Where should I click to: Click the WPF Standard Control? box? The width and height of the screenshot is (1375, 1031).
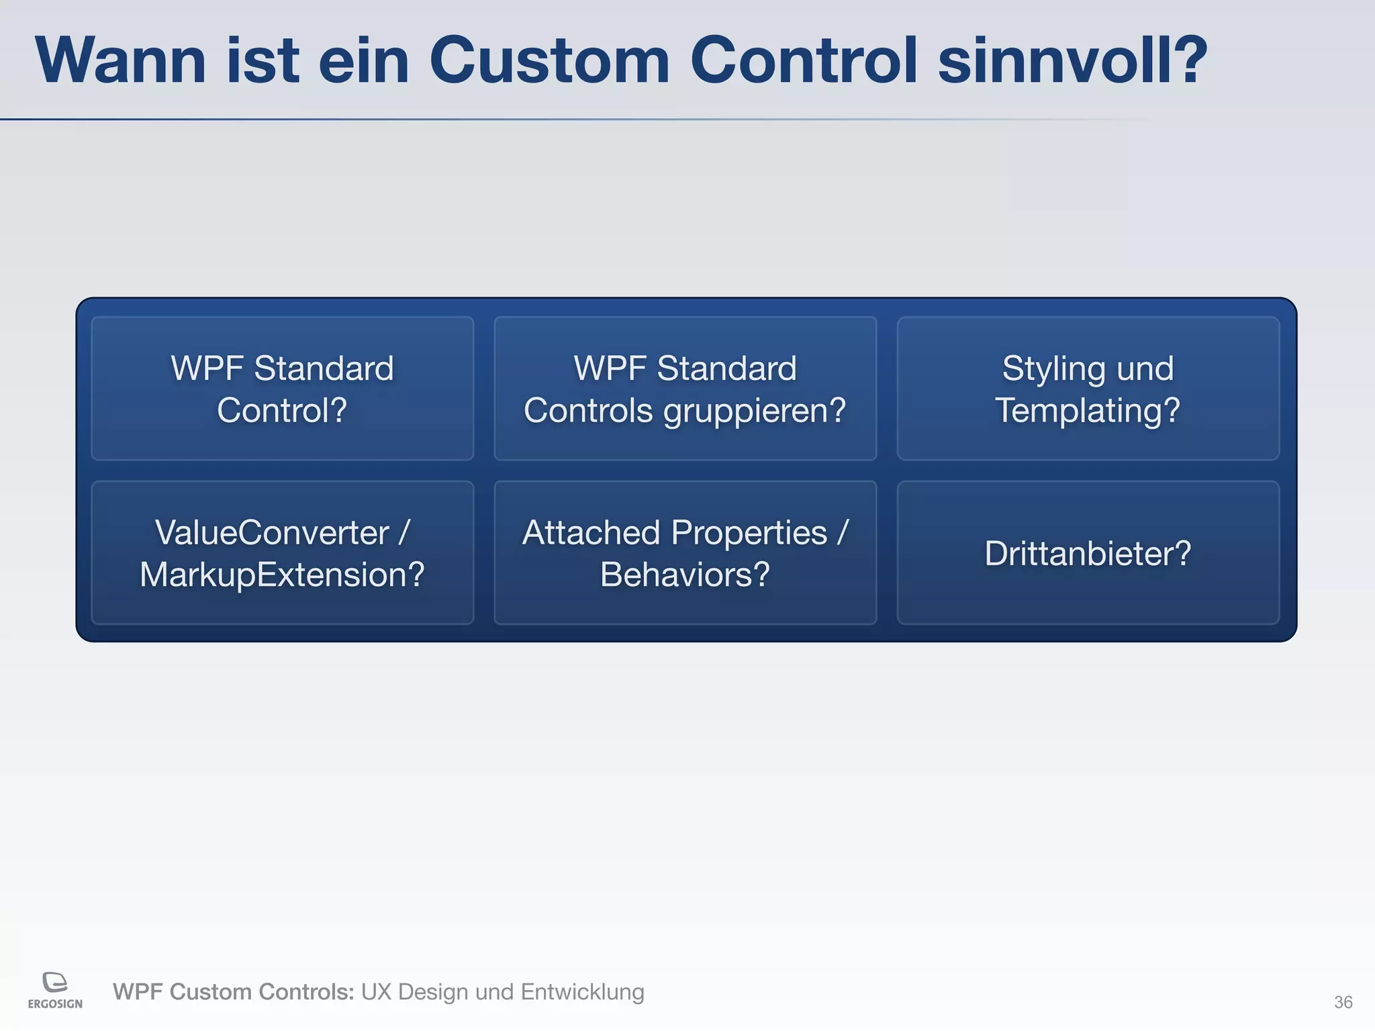pos(282,389)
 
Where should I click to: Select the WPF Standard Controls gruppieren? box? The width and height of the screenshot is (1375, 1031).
pos(685,389)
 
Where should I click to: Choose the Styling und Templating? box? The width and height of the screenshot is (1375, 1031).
pos(1088,389)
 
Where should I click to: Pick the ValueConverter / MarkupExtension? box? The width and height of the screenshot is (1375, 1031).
pos(282,553)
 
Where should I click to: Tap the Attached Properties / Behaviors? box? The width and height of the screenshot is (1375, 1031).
pos(685,553)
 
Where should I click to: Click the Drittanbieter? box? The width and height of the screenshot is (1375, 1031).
pos(1088,553)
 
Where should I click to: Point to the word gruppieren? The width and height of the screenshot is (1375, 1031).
pos(755,411)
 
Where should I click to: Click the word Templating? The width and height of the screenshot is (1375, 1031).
pos(1088,411)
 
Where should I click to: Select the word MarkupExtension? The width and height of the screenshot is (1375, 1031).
pos(282,575)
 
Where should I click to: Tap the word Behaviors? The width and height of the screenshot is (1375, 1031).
pos(685,575)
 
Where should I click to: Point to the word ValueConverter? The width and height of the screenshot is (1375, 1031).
pos(272,533)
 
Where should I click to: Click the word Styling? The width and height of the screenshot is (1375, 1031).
pos(1054,369)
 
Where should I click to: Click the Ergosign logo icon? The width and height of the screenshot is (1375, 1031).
pos(55,982)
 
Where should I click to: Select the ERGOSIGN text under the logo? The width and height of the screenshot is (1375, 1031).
pos(55,1004)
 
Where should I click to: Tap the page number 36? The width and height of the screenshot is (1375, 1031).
pos(1343,1002)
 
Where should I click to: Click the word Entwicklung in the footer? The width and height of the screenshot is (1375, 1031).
pos(582,992)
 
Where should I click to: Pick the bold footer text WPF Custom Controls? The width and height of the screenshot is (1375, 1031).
pos(233,992)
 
